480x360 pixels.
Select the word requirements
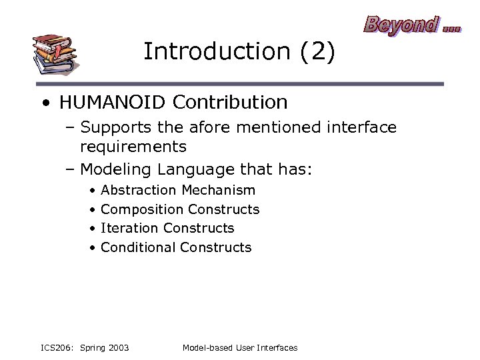pos(133,146)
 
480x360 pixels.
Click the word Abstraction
pos(138,191)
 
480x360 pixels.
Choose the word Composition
pos(141,209)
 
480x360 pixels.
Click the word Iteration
pos(129,228)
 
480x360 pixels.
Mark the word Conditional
pos(138,247)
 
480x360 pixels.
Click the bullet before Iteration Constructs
pos(91,229)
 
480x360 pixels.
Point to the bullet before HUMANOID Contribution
pos(45,103)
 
